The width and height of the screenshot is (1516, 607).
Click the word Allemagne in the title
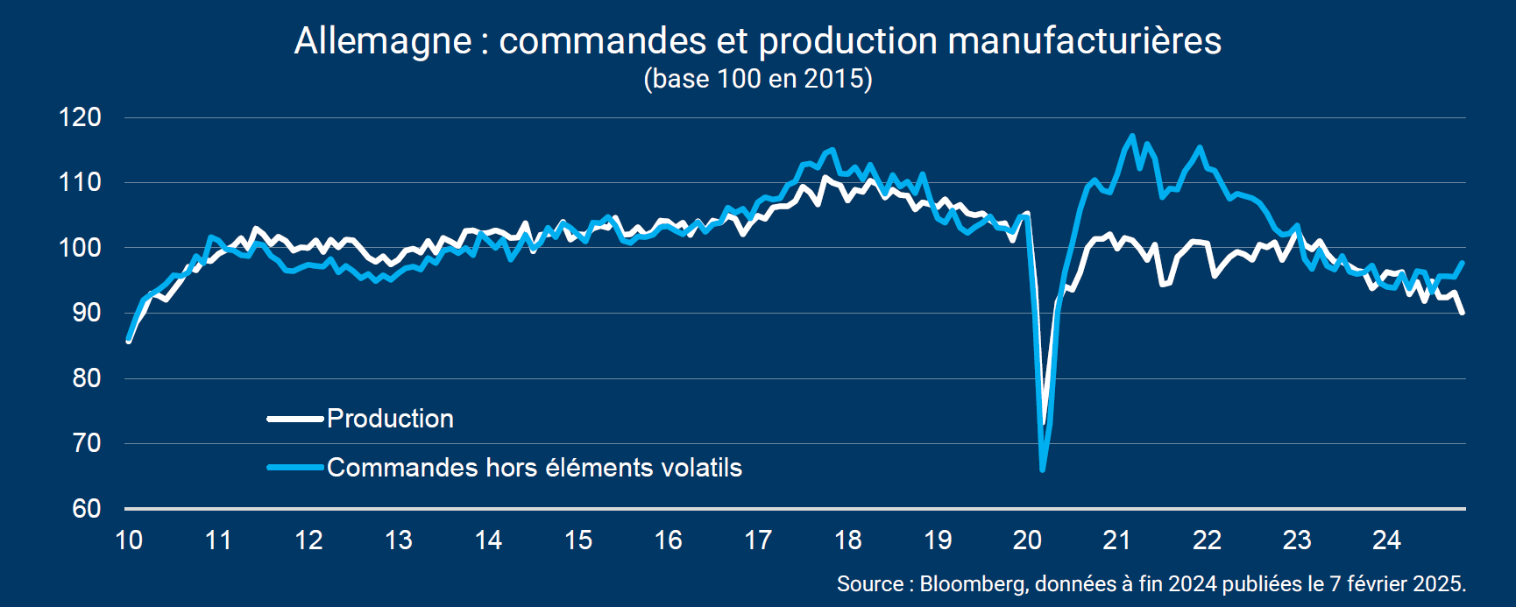383,41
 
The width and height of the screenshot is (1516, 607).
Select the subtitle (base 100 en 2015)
758,79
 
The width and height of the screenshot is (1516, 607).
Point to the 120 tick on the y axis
80,117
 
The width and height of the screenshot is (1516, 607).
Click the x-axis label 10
129,540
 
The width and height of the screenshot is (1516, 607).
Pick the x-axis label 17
758,540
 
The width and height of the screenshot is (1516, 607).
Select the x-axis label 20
1027,540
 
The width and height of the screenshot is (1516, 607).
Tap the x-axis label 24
1386,540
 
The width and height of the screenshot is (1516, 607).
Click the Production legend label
390,419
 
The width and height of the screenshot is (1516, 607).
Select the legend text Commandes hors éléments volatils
535,468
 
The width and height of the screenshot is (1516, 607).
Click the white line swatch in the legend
295,419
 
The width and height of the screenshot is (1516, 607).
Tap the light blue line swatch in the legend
295,468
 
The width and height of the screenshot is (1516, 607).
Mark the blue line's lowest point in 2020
1042,470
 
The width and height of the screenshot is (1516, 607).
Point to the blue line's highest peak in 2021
1132,136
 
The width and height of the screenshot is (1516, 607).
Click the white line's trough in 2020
1043,422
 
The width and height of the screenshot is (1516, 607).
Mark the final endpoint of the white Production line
1463,313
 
